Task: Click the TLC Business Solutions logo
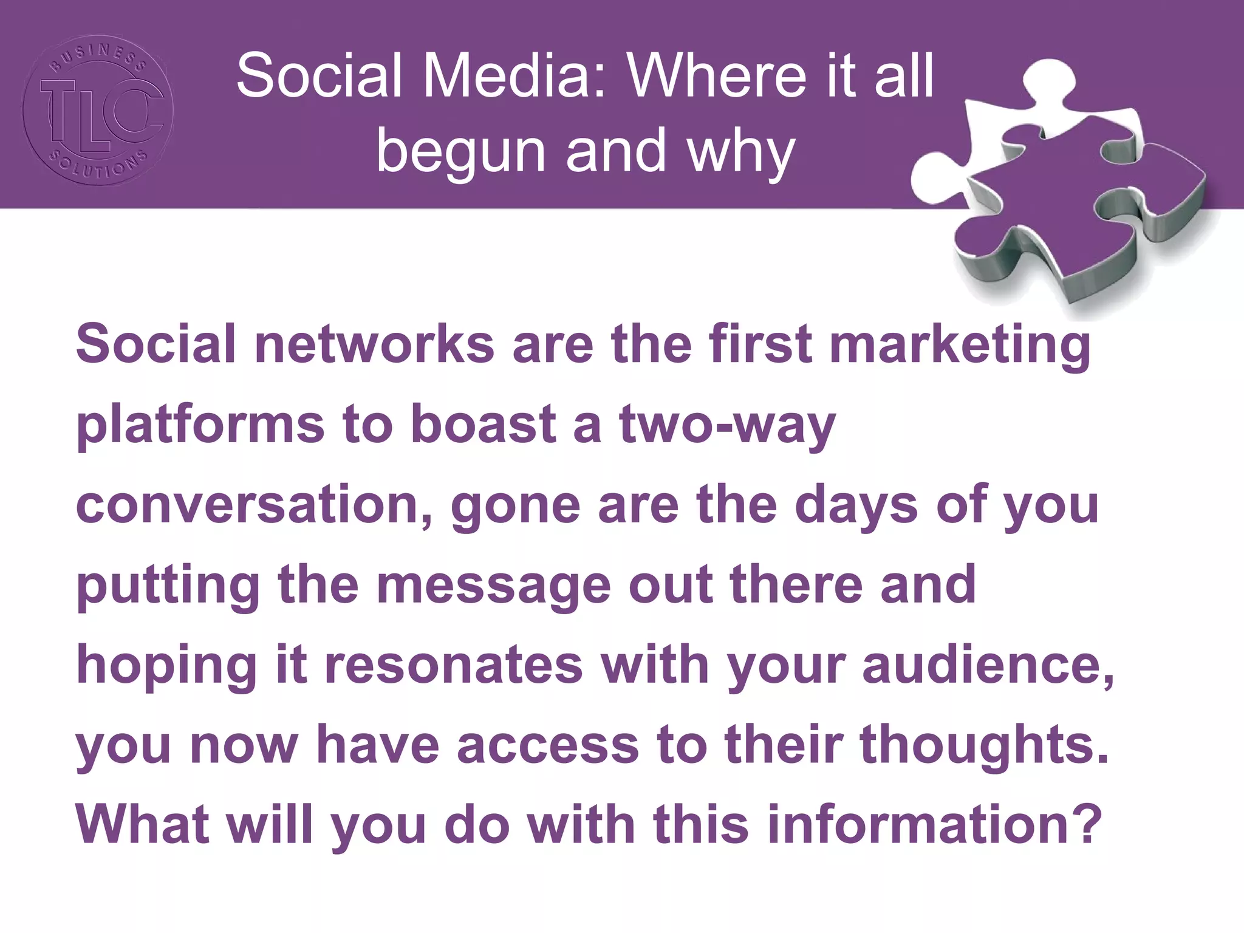point(98,110)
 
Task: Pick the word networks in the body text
point(374,344)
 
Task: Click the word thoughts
point(984,745)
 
